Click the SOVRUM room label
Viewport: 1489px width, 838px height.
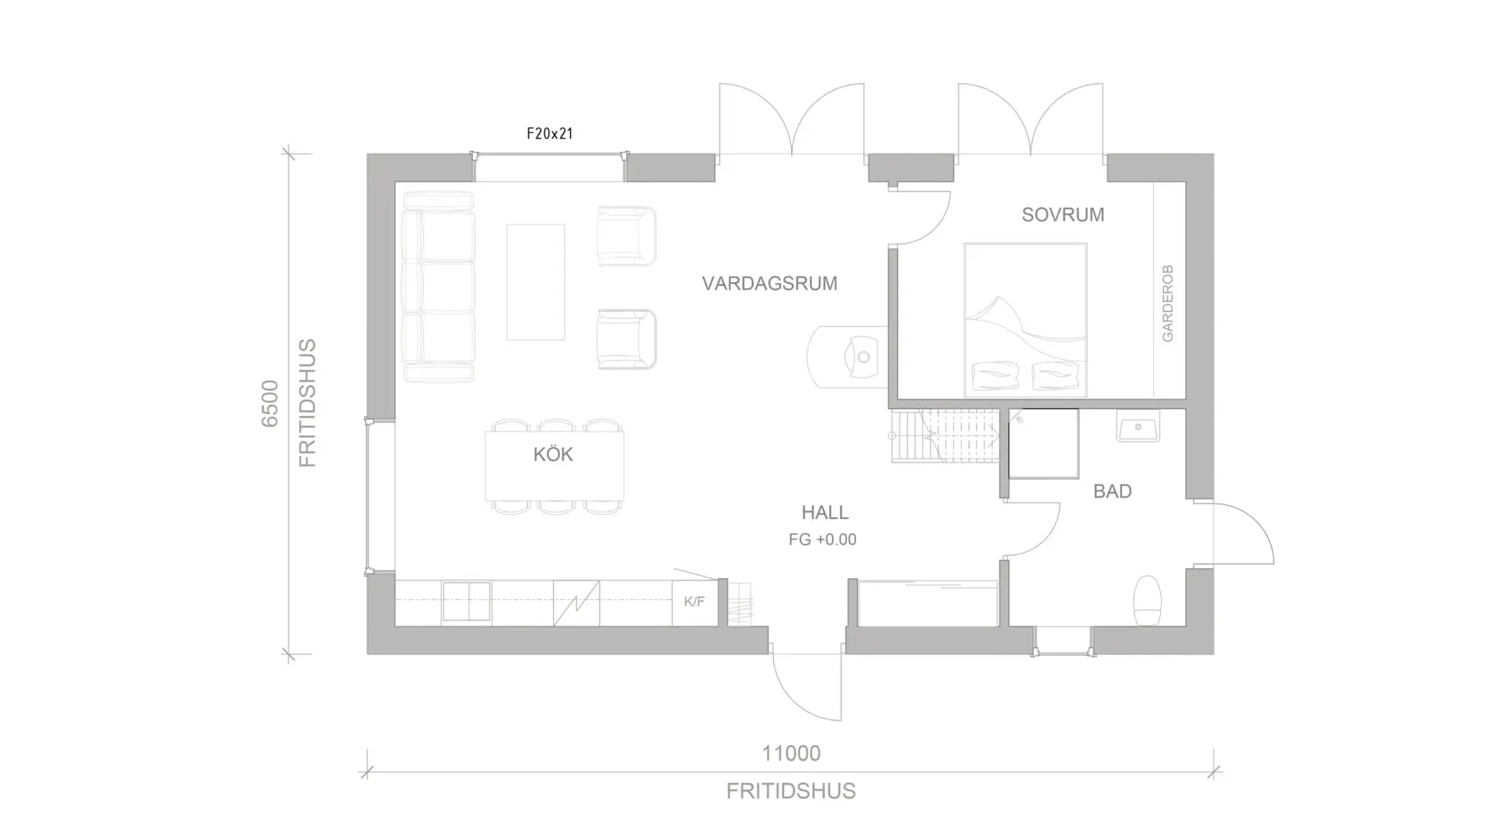[x=1062, y=215]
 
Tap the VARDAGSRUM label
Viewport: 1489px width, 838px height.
[x=769, y=283]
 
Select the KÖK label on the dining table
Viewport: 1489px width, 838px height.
[x=553, y=454]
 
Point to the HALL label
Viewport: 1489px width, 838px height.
[x=825, y=512]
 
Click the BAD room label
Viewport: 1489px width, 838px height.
[x=1112, y=491]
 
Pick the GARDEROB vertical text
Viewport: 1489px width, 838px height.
[x=1167, y=303]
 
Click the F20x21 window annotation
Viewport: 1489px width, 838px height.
[x=549, y=133]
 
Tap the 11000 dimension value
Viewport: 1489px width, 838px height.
[x=791, y=753]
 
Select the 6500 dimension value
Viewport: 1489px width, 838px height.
[x=269, y=403]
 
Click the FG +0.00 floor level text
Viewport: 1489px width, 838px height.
[x=822, y=539]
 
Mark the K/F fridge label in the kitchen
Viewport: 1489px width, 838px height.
[x=694, y=601]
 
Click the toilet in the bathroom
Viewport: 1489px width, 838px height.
[x=1147, y=600]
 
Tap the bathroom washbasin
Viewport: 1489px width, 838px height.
[x=1138, y=426]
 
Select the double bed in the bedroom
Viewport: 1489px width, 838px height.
[x=1025, y=320]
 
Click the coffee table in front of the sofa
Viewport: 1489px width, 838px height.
[x=535, y=282]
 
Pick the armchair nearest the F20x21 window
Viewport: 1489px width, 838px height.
[x=627, y=236]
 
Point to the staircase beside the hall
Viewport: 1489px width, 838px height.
[x=945, y=436]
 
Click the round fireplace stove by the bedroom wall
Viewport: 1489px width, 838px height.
[x=847, y=357]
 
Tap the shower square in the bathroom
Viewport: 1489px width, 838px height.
[x=1044, y=444]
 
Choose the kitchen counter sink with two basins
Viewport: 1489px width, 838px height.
[x=466, y=602]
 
